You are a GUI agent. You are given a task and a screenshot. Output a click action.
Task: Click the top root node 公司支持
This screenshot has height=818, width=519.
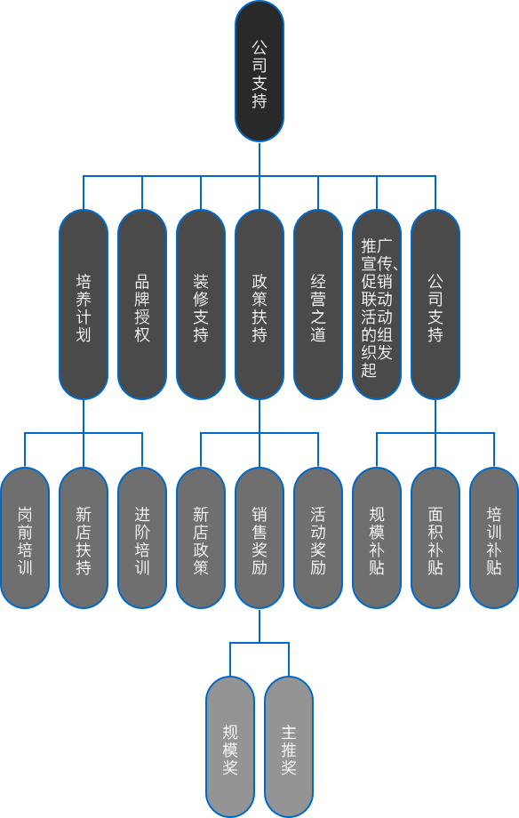pos(259,71)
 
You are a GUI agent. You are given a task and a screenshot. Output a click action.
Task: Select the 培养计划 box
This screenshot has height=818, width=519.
pos(84,304)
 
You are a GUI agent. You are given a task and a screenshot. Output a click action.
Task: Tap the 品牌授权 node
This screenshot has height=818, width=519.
pos(142,304)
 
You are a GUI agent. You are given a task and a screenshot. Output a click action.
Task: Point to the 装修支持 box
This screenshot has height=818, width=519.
pos(201,304)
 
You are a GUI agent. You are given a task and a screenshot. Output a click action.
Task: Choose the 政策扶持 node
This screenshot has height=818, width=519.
pos(259,304)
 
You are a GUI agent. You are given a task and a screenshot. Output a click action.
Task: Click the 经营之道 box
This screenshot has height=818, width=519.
pos(318,304)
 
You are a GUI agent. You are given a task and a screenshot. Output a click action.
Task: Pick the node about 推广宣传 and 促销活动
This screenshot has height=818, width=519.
pos(377,304)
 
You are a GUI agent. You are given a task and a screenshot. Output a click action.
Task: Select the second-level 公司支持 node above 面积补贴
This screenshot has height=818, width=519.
pos(435,304)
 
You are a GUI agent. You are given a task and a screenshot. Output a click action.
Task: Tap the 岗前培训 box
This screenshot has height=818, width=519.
pos(25,538)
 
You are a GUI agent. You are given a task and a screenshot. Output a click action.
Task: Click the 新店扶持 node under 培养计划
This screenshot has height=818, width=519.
pos(84,538)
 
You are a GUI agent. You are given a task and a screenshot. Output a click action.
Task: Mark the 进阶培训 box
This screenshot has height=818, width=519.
pos(142,538)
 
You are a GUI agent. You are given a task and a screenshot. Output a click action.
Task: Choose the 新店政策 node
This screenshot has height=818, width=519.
pos(201,538)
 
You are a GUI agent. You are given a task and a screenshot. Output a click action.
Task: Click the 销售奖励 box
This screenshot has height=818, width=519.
pos(259,538)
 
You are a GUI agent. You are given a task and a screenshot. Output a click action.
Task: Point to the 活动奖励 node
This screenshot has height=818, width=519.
pos(318,538)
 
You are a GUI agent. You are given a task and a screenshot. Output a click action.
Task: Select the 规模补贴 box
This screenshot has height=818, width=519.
pos(377,538)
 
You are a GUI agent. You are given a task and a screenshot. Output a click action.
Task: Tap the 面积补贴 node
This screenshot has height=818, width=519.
pos(435,538)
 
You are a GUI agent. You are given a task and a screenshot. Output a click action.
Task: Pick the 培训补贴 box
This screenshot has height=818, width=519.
pos(494,538)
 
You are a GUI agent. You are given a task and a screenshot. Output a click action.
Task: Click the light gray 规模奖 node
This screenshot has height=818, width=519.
pos(230,747)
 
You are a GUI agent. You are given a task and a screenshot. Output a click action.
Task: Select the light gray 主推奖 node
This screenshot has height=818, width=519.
pos(289,747)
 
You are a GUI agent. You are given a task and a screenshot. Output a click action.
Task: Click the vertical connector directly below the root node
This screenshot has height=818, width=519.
pos(259,158)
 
